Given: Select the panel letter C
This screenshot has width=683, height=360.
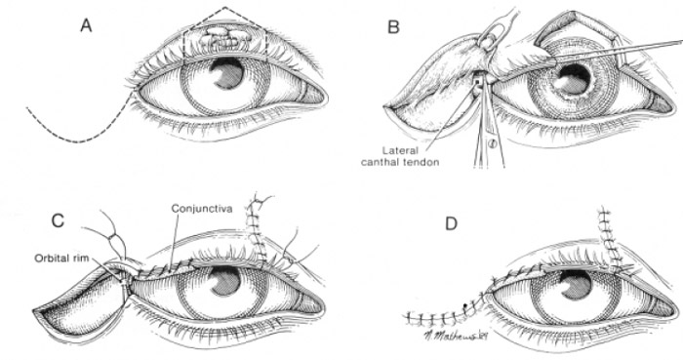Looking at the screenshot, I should [x=59, y=221].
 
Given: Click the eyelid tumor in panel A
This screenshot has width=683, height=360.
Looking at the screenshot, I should [x=222, y=40].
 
